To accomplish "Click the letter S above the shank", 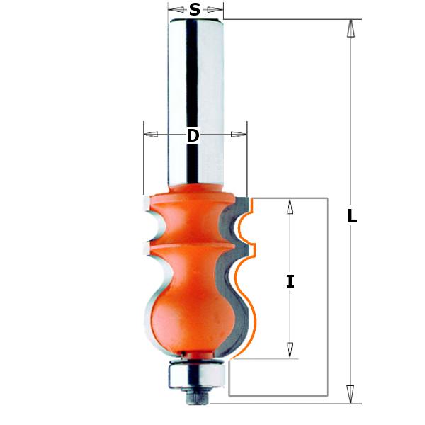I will pyautogui.click(x=195, y=9).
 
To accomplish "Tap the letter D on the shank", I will pyautogui.click(x=193, y=135).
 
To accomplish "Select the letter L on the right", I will pyautogui.click(x=351, y=217).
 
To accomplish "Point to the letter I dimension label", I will pyautogui.click(x=290, y=281).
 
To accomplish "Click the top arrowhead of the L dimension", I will pyautogui.click(x=350, y=28).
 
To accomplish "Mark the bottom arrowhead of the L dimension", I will pyautogui.click(x=350, y=394).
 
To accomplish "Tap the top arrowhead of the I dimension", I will pyautogui.click(x=290, y=206).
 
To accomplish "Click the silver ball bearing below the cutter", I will pyautogui.click(x=194, y=374).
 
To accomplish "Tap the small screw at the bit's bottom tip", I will pyautogui.click(x=195, y=397).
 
